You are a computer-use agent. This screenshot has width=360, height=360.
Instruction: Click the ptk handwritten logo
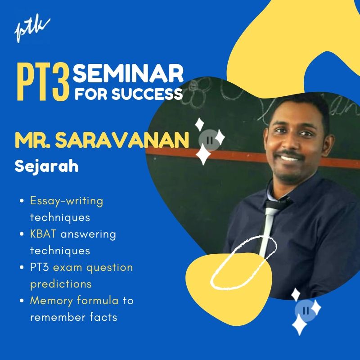[x=32, y=30]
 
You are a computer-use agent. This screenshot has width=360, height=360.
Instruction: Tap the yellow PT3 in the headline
[x=43, y=83]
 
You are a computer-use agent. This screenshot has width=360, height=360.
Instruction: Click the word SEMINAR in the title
[x=128, y=74]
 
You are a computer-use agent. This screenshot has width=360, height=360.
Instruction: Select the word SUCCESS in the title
[x=147, y=94]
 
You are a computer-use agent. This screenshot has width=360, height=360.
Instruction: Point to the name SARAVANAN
[x=122, y=140]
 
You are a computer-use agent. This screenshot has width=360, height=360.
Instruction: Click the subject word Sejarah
[x=47, y=166]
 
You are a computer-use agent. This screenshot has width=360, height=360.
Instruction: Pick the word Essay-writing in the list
[x=67, y=201]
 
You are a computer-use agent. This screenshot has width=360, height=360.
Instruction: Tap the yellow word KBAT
[x=43, y=234]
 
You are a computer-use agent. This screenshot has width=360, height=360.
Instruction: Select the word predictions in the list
[x=61, y=284]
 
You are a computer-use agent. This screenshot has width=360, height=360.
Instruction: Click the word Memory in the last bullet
[x=51, y=301]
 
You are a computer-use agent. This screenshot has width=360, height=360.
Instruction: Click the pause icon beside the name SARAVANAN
[x=209, y=140]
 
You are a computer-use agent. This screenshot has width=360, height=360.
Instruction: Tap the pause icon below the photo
[x=306, y=310]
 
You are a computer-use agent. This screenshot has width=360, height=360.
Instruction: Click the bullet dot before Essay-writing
[x=22, y=201]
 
